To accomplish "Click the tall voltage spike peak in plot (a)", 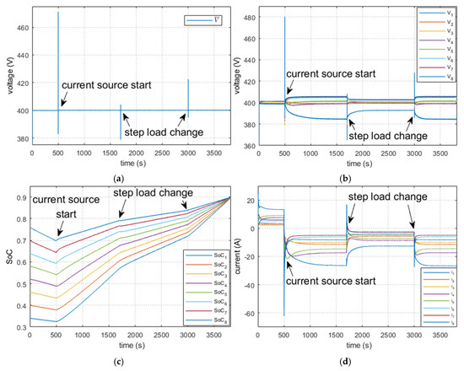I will (x=58, y=13).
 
